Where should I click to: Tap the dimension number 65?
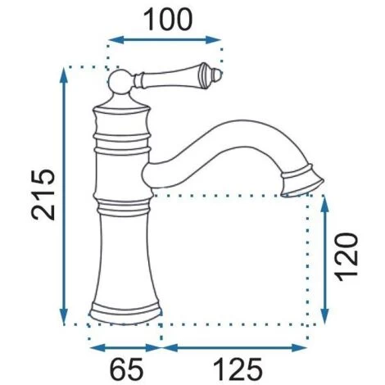(125, 369)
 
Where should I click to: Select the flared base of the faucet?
(125, 315)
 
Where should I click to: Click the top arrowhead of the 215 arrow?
(64, 74)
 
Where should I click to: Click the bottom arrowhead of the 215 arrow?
(64, 320)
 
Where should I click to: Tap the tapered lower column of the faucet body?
(125, 254)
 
